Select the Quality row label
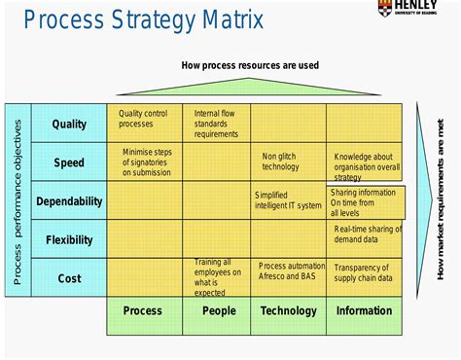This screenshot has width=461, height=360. tap(69, 124)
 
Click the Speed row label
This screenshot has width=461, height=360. tap(69, 162)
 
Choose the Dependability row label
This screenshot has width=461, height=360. tap(69, 201)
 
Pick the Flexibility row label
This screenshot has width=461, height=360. tap(69, 239)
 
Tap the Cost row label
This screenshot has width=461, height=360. tap(69, 278)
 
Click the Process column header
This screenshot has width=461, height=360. tap(143, 311)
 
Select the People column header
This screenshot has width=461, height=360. tap(218, 311)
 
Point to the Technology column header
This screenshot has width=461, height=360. tap(288, 311)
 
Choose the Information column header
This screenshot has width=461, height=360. tap(364, 311)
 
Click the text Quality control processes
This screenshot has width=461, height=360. tap(143, 119)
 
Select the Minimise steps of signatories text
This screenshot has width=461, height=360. tap(147, 162)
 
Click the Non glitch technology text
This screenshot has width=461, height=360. tap(281, 161)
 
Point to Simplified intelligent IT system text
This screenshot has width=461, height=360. tap(287, 200)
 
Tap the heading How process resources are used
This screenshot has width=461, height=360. tap(250, 66)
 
